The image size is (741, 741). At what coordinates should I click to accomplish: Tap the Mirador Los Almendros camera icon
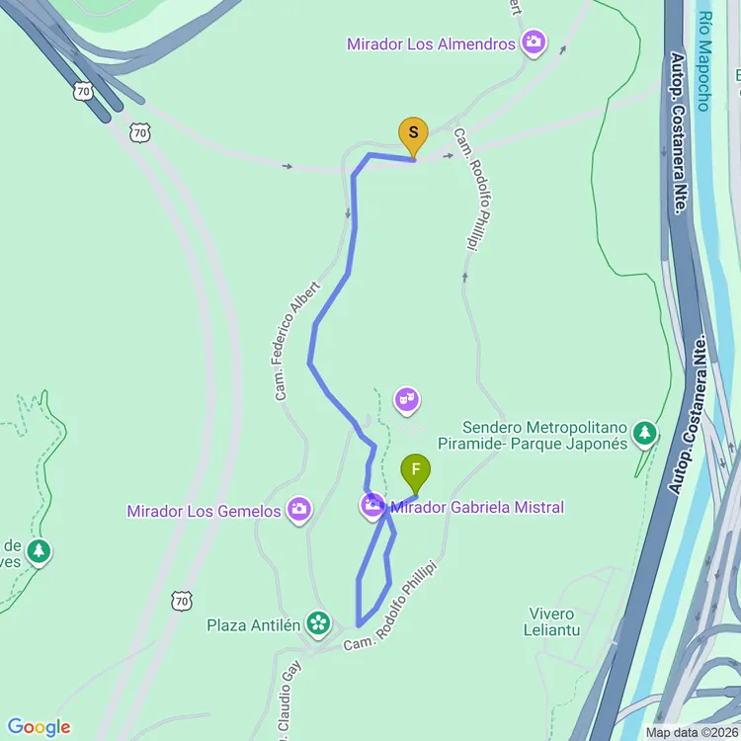click(534, 42)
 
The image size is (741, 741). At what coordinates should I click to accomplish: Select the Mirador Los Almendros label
click(431, 43)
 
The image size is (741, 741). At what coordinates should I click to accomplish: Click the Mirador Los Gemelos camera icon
click(298, 510)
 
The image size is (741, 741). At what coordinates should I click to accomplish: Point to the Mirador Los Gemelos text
click(205, 511)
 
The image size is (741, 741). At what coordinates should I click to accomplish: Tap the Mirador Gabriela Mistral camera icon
click(372, 507)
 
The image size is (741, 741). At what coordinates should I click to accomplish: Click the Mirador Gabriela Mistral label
click(477, 507)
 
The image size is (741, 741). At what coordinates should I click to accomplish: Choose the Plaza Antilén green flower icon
click(318, 622)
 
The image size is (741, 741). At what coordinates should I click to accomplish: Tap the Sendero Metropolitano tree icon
click(644, 433)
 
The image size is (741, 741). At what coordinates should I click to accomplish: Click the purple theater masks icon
click(406, 400)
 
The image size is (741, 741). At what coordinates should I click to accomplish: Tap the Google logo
click(39, 727)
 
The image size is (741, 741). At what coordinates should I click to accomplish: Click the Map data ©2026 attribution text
click(692, 732)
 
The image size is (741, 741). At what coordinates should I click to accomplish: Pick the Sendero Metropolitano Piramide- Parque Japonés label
click(533, 435)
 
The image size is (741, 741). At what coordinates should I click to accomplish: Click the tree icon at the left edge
click(39, 550)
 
